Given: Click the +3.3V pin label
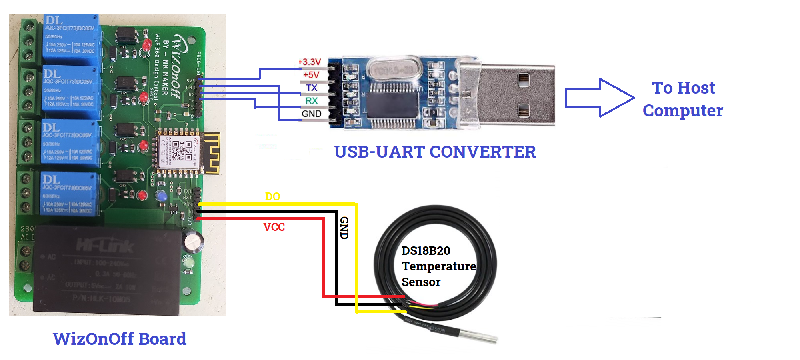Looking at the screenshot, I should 310,62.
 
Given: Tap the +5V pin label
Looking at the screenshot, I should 311,75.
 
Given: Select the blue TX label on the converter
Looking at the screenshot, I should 312,88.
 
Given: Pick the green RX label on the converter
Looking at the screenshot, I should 312,101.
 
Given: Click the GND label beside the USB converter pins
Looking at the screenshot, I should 312,114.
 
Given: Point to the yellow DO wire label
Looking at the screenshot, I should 272,197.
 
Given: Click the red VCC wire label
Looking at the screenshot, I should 274,227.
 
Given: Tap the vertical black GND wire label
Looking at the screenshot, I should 344,228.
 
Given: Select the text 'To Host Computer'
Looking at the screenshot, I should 683,99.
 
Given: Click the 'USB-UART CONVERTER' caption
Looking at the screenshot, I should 435,152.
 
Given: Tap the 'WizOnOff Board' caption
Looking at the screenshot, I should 120,339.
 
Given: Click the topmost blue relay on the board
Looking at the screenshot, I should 71,39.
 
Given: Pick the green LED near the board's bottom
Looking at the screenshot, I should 188,262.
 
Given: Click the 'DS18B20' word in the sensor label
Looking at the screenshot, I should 426,251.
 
